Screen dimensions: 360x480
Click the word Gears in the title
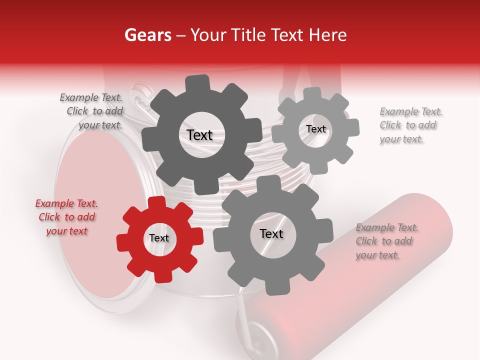tap(147, 35)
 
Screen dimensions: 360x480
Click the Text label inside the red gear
tap(159, 238)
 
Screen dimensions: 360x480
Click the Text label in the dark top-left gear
tap(199, 135)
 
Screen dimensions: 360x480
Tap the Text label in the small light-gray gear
tap(315, 129)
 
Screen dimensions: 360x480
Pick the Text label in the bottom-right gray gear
tap(271, 233)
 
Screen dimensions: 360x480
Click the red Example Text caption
tap(66, 217)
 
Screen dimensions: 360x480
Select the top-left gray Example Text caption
tap(91, 111)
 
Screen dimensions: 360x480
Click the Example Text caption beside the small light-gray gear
tap(410, 125)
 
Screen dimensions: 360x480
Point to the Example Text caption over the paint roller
tap(386, 241)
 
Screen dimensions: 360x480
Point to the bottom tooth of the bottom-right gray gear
tap(273, 289)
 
